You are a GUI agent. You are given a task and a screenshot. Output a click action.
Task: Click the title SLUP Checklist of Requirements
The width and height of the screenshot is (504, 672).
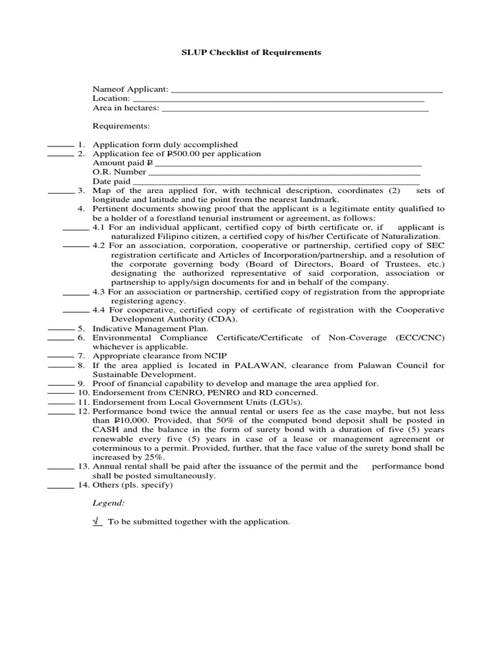[x=251, y=52]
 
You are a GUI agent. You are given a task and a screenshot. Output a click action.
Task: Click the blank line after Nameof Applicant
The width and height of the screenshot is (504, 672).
[x=306, y=90]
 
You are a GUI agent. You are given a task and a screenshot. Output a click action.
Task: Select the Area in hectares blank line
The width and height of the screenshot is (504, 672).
[x=295, y=109]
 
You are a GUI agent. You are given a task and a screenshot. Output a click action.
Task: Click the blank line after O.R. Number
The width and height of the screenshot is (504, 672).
[x=284, y=173]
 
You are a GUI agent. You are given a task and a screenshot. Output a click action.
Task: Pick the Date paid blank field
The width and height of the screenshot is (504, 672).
[x=276, y=182]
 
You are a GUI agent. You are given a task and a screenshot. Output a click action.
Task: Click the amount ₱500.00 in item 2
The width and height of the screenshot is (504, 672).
[x=186, y=154]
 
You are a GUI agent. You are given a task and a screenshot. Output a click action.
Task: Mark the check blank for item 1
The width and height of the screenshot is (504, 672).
[x=60, y=145]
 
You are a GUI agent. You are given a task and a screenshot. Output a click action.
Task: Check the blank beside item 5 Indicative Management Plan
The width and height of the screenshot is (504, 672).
[x=60, y=328]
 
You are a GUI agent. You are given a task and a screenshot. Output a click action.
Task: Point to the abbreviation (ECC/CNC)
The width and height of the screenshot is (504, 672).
[x=420, y=337]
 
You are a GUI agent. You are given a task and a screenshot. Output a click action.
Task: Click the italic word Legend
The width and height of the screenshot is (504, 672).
[x=108, y=503]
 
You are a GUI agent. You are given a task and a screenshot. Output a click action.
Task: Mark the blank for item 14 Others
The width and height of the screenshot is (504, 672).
[x=60, y=486]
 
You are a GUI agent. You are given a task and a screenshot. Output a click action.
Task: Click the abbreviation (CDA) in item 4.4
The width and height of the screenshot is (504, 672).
[x=222, y=319]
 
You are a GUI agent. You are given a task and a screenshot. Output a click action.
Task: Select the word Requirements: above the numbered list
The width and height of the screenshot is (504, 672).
[x=121, y=126]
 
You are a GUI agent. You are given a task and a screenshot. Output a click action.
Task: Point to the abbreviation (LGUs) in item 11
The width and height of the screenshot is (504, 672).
[x=283, y=402]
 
